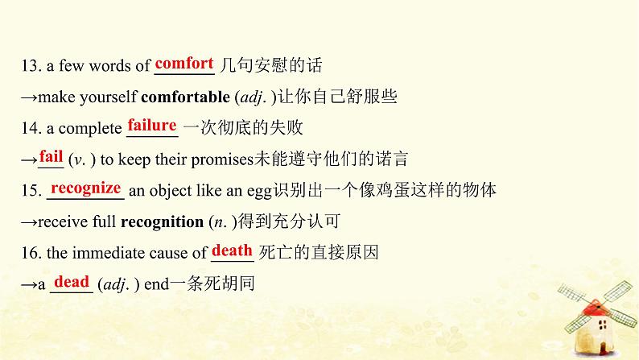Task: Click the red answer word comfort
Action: click(x=184, y=63)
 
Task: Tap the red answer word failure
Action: click(x=152, y=125)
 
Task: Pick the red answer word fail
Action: click(x=51, y=156)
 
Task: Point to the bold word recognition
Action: click(x=161, y=221)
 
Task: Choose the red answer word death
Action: click(x=233, y=250)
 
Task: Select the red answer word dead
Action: click(x=72, y=282)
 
